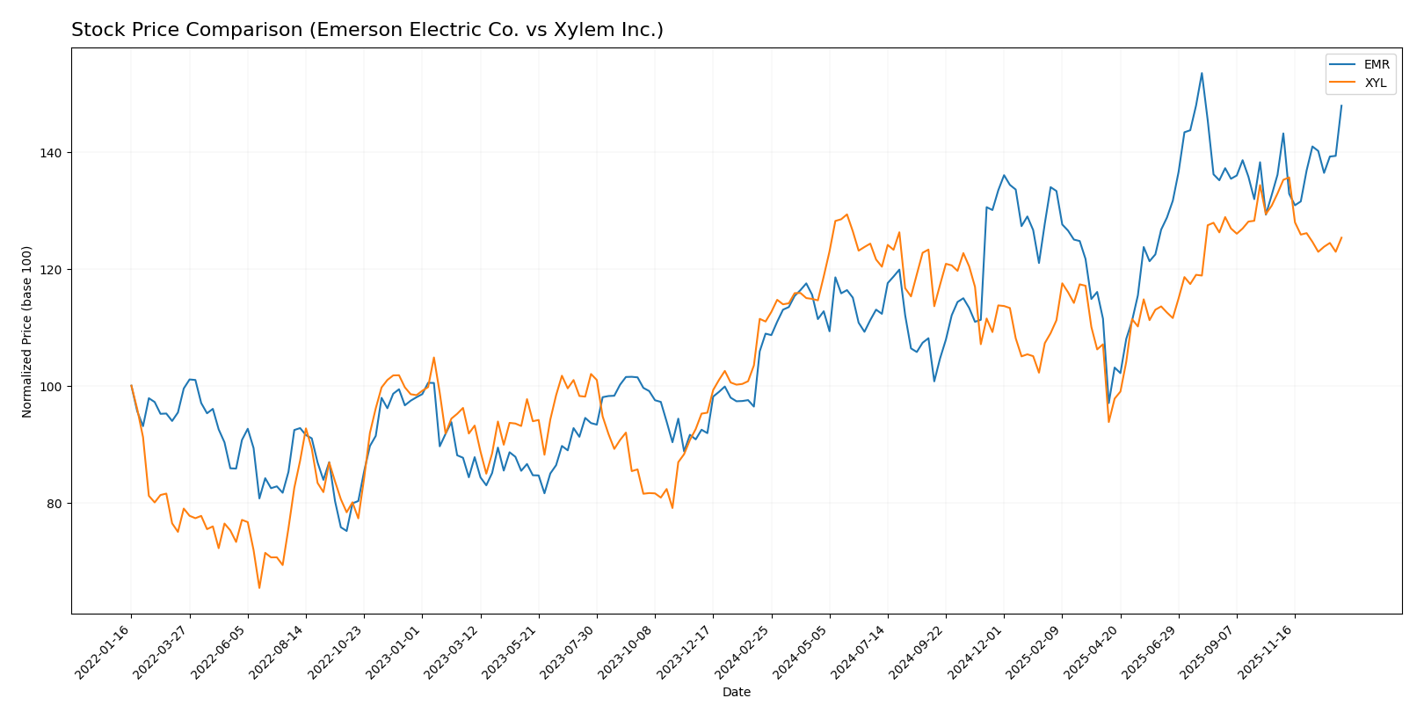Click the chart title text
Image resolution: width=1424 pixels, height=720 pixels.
[367, 30]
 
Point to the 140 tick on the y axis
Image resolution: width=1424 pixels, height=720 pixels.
[52, 153]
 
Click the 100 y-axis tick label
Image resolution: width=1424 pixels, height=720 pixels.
[52, 387]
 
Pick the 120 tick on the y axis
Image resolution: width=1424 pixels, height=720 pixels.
[52, 270]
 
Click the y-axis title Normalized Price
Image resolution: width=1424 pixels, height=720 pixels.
[27, 331]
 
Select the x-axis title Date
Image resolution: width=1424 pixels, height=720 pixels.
[736, 693]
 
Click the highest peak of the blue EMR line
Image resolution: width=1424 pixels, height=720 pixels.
[1202, 73]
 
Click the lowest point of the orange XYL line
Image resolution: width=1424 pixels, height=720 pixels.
[259, 587]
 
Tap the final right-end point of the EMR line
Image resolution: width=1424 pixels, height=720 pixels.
[1341, 105]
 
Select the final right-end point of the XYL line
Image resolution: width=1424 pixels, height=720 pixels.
[1341, 237]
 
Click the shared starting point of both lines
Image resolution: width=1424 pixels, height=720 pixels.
[131, 386]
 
